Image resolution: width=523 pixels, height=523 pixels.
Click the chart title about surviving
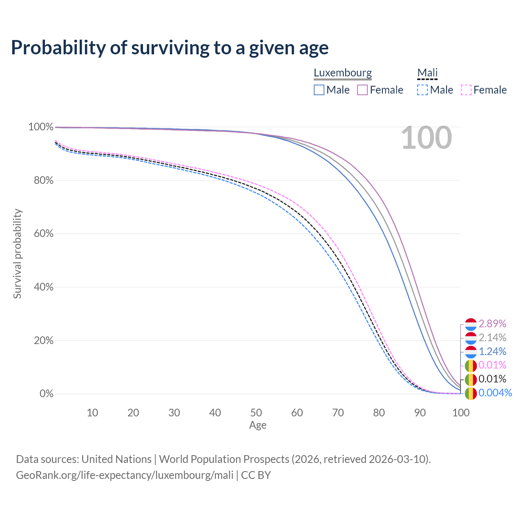[x=170, y=47]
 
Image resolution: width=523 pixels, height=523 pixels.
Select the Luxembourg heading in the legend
[x=342, y=73]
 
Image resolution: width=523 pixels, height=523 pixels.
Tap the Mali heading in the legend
[x=427, y=73]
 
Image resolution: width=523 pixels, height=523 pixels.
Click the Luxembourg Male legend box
[x=319, y=90]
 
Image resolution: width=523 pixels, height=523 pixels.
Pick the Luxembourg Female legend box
[x=362, y=90]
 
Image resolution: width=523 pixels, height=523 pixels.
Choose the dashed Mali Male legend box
[x=422, y=90]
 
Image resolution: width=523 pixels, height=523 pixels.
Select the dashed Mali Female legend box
[x=466, y=90]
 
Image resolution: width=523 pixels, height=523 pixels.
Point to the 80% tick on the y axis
[x=44, y=181]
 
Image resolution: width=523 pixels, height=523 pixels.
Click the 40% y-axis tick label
[x=44, y=287]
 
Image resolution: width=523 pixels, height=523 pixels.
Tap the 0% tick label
[x=47, y=394]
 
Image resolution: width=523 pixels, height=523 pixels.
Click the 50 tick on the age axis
[x=256, y=413]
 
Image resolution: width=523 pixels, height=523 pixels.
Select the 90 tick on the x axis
[x=420, y=413]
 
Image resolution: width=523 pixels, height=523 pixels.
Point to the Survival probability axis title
[x=17, y=254]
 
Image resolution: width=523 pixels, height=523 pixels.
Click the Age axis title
[x=258, y=425]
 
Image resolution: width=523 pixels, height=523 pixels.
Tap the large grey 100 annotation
[x=426, y=138]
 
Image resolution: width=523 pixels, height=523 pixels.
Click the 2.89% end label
[x=492, y=324]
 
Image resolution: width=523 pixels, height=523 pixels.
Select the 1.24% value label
[x=492, y=351]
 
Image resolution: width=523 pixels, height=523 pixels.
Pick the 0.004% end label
[x=495, y=393]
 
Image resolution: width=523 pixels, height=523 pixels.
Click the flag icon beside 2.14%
[x=471, y=338]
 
